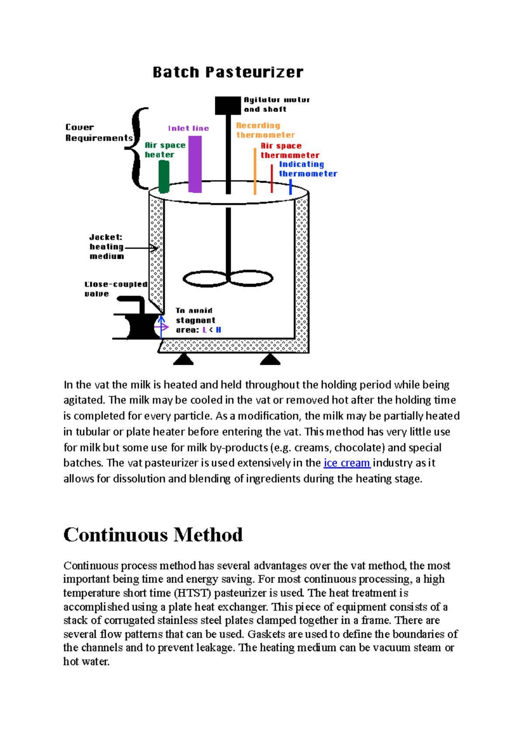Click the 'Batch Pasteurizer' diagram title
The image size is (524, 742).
pos(228,72)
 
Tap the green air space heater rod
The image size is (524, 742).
pos(164,177)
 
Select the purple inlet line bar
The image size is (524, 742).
pos(195,164)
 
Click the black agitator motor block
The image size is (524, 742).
pos(228,105)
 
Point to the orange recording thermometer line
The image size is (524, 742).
pos(255,171)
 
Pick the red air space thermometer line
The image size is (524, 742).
pos(272,178)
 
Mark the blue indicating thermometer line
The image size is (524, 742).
pos(290,187)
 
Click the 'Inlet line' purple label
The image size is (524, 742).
pos(188,128)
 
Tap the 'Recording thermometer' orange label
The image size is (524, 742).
pos(265,130)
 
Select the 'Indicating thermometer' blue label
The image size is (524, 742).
pos(307,169)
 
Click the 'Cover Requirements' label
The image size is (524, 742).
pos(99,132)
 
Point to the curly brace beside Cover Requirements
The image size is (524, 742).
pos(138,149)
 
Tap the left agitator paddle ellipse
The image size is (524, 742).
pos(206,278)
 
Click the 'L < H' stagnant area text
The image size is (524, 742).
pos(212,330)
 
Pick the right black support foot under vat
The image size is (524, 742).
pos(270,359)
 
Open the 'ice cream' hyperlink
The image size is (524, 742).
pos(347,463)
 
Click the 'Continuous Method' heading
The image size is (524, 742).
pos(153,534)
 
